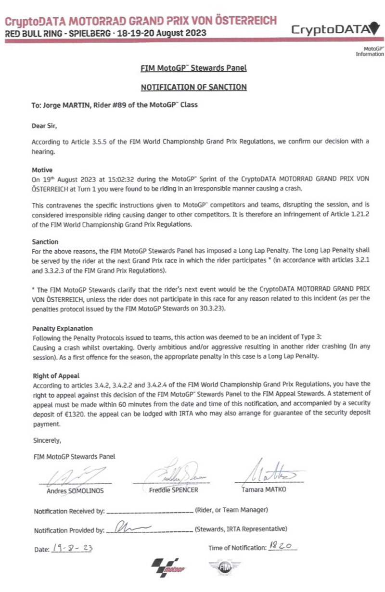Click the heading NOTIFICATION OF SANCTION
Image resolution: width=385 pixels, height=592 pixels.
[193, 87]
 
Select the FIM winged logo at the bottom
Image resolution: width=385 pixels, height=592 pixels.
[224, 568]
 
